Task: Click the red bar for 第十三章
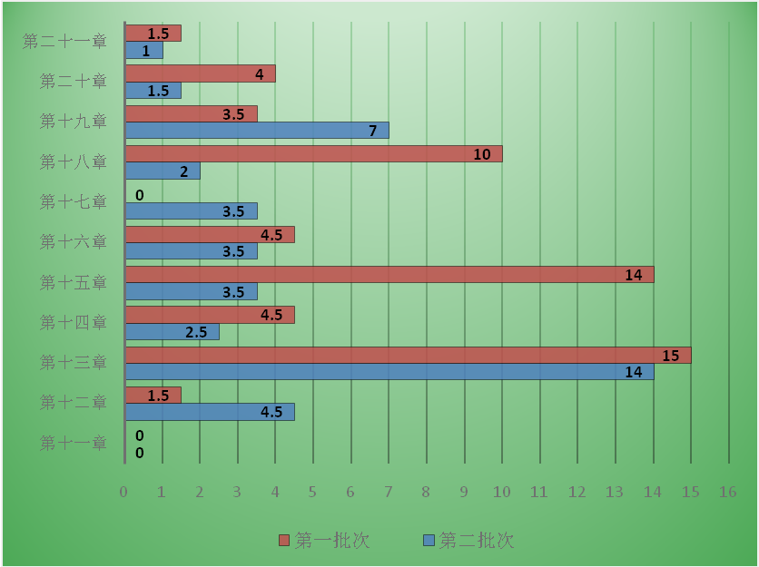[408, 355]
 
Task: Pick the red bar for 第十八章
[313, 154]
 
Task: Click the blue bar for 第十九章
[257, 131]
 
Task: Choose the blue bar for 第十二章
[210, 412]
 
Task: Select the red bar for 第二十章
[200, 73]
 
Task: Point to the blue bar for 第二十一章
[143, 51]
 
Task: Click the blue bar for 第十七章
[191, 211]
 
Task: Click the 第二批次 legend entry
[468, 541]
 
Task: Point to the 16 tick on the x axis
[727, 492]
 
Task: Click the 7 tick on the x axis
[388, 492]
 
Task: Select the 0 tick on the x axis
[124, 492]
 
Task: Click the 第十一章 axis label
[74, 443]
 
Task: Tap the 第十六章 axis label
[74, 241]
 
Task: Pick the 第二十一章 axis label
[64, 41]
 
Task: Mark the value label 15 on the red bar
[671, 356]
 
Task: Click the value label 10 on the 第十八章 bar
[482, 155]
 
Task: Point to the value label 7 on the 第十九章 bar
[373, 131]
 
